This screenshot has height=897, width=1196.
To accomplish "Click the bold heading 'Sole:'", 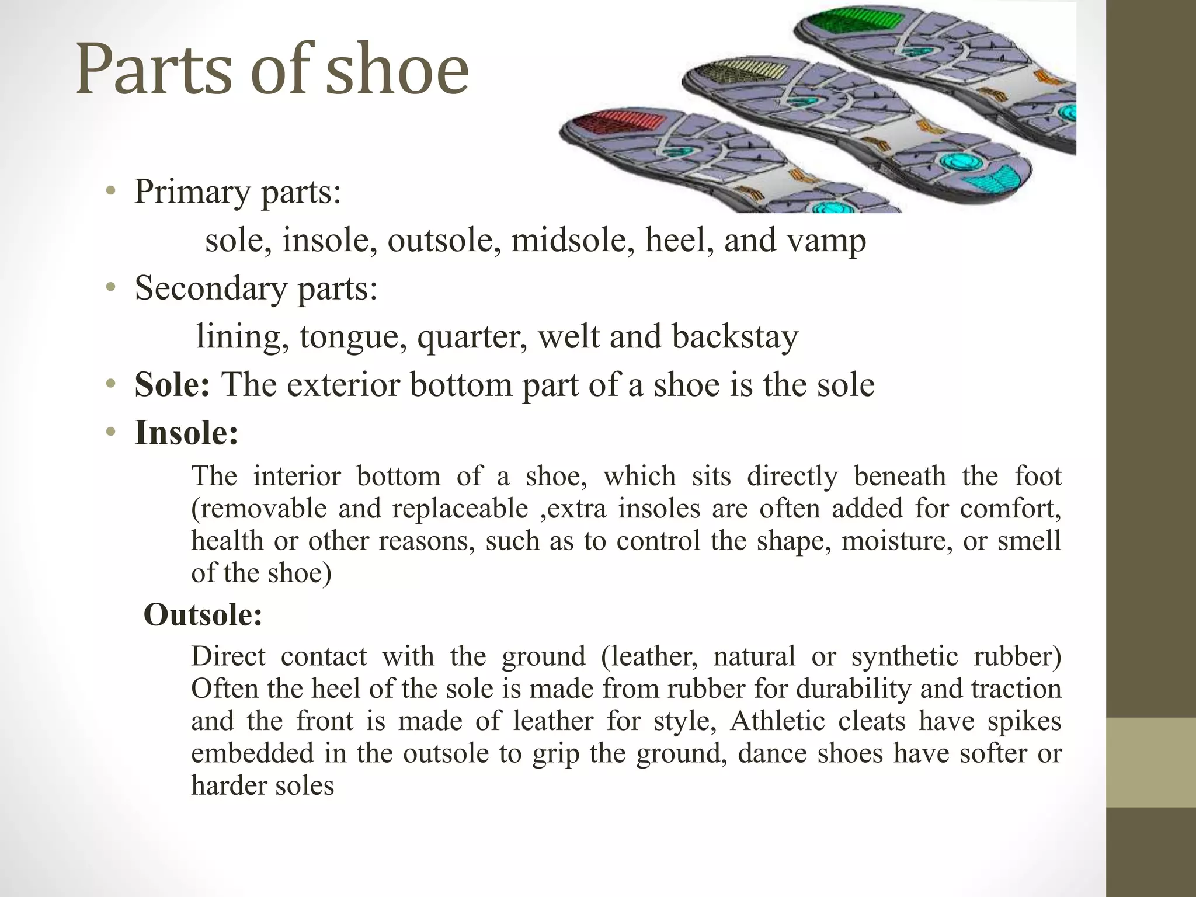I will (x=172, y=385).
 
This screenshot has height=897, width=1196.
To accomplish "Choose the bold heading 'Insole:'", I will (x=186, y=433).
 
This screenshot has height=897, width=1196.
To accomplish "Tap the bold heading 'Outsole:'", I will (x=203, y=614).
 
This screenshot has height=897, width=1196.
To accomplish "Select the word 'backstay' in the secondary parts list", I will (x=735, y=337).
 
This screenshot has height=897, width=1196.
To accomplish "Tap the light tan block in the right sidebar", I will (x=1150, y=762).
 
